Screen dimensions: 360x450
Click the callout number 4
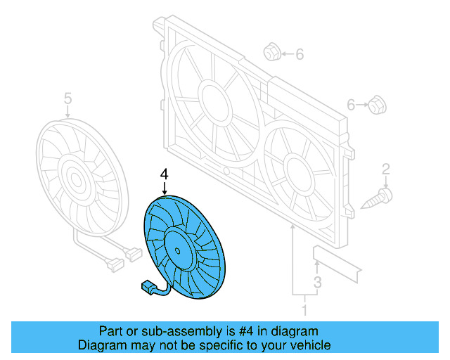click(165, 174)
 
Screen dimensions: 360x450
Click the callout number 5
click(67, 97)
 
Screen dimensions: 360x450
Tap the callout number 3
click(317, 283)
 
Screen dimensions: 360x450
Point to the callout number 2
click(385, 168)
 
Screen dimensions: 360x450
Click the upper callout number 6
click(300, 54)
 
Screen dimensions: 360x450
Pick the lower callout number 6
click(352, 105)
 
